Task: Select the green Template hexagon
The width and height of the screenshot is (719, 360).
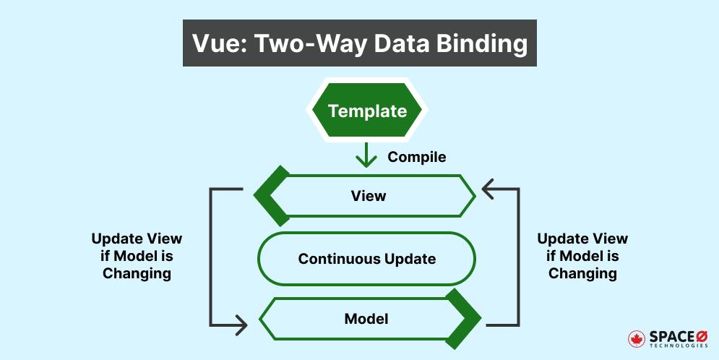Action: pyautogui.click(x=367, y=111)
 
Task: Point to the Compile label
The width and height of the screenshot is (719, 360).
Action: pyautogui.click(x=417, y=157)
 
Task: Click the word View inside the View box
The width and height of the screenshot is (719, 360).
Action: pyautogui.click(x=368, y=196)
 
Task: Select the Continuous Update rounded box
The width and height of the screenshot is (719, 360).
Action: pyautogui.click(x=367, y=258)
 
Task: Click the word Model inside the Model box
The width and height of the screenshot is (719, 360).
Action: pyautogui.click(x=368, y=319)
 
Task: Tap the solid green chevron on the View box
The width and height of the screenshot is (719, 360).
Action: pyautogui.click(x=270, y=196)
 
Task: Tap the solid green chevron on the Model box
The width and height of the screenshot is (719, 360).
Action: pyautogui.click(x=463, y=319)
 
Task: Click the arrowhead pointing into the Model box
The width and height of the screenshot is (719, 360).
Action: pyautogui.click(x=240, y=325)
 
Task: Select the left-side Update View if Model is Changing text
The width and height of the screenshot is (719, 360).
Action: pyautogui.click(x=137, y=256)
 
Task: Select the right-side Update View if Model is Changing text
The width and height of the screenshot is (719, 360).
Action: pyautogui.click(x=582, y=256)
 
